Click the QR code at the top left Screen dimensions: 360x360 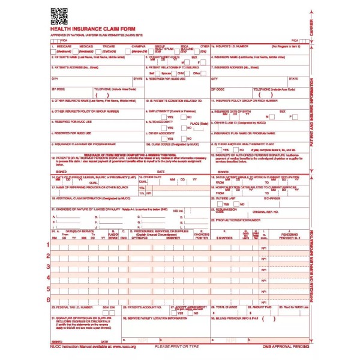[x=59, y=16]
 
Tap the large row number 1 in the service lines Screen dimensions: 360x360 [x=49, y=245]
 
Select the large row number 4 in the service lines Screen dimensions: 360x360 [x=49, y=277]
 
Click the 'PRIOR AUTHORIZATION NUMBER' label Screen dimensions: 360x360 [x=237, y=220]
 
